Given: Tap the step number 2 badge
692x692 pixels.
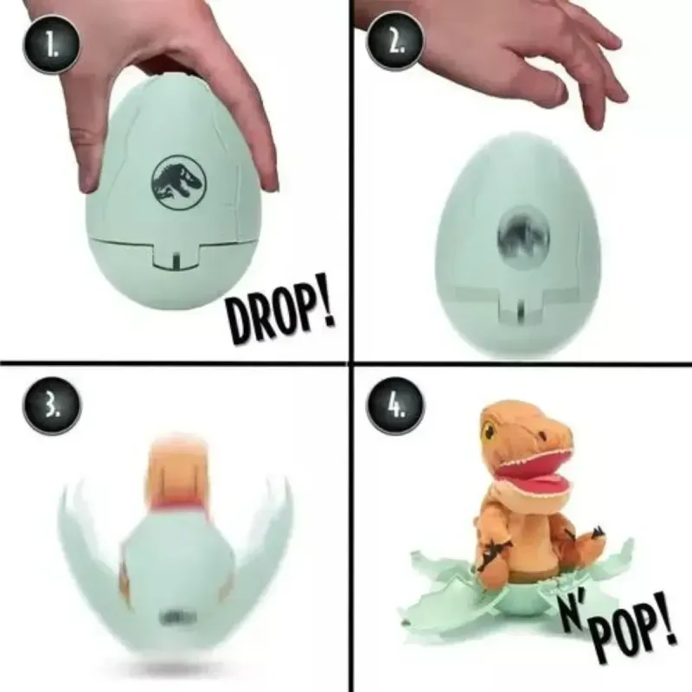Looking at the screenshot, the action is [x=395, y=42].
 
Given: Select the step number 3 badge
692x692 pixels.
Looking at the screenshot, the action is [x=51, y=407].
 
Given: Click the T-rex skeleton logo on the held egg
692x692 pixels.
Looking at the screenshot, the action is [x=178, y=183].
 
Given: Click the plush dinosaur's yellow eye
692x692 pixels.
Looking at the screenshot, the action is [x=488, y=429].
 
